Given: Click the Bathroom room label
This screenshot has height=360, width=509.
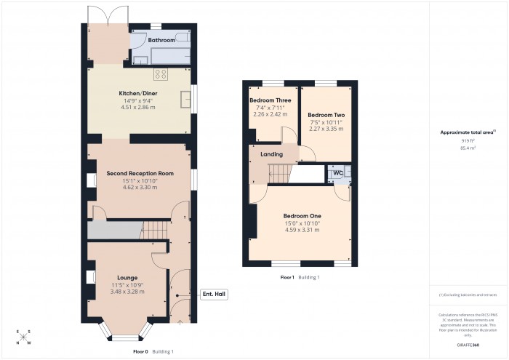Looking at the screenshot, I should tap(161, 40).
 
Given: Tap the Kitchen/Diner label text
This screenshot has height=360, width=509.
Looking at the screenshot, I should tap(138, 94).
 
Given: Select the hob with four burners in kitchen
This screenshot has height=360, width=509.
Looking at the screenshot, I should tap(161, 74).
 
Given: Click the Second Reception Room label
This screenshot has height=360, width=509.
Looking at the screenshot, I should tap(140, 173).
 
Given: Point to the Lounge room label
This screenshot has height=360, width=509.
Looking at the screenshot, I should tap(127, 278).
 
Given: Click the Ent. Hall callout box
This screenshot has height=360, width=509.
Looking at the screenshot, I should tap(214, 294).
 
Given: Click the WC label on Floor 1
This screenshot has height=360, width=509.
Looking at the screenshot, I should tap(337, 172).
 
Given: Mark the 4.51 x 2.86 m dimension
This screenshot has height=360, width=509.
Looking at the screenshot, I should tap(138, 108).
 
